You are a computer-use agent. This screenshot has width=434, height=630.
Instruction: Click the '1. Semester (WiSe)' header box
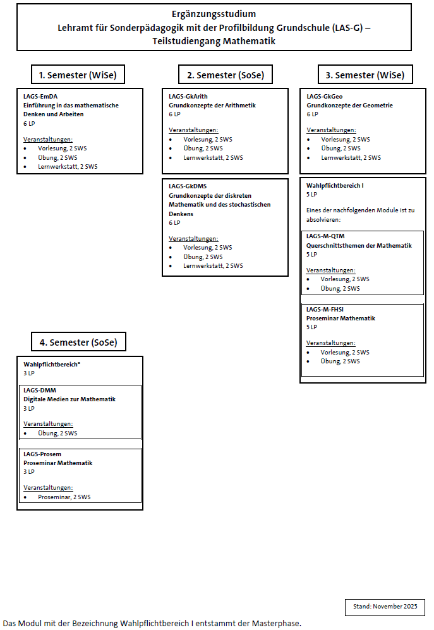point(78,75)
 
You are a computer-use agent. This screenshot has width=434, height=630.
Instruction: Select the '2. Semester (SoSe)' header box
point(225,75)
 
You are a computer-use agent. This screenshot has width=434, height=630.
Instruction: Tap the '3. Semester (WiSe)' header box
point(365,75)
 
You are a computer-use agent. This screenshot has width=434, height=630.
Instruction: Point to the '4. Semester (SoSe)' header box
point(79,342)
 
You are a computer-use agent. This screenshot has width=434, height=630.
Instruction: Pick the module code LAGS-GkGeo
point(325,96)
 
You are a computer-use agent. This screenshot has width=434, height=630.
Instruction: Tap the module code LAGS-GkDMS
point(188,186)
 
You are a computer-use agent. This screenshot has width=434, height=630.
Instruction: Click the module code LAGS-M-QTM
point(325,236)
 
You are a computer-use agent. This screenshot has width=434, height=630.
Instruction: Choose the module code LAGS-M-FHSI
point(325,310)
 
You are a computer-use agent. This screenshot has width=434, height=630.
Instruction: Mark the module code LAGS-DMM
point(40,390)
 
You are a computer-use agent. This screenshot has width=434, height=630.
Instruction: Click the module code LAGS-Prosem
point(42,454)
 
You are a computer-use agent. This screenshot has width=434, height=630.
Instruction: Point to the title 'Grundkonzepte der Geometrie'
point(349,106)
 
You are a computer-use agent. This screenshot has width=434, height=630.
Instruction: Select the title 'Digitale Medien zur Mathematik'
point(69,399)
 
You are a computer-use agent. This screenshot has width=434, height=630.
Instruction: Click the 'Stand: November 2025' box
point(385,607)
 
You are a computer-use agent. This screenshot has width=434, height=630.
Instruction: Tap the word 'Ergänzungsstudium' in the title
point(214,13)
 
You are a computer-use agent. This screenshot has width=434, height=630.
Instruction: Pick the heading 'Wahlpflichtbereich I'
point(335,186)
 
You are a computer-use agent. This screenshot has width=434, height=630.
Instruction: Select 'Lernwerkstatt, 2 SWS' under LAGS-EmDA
point(68,167)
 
